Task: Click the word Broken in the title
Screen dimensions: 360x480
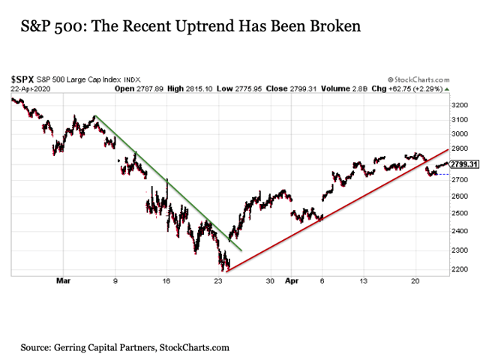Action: click(333, 27)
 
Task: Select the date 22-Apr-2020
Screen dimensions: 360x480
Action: click(29, 88)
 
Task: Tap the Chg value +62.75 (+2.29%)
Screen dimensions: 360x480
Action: click(421, 88)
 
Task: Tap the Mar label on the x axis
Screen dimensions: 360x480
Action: click(63, 283)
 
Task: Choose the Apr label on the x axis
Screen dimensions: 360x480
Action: click(292, 283)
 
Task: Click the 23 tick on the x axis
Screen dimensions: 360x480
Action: click(218, 283)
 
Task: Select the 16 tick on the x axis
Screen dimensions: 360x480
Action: click(166, 283)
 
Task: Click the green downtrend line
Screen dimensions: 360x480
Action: click(165, 180)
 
